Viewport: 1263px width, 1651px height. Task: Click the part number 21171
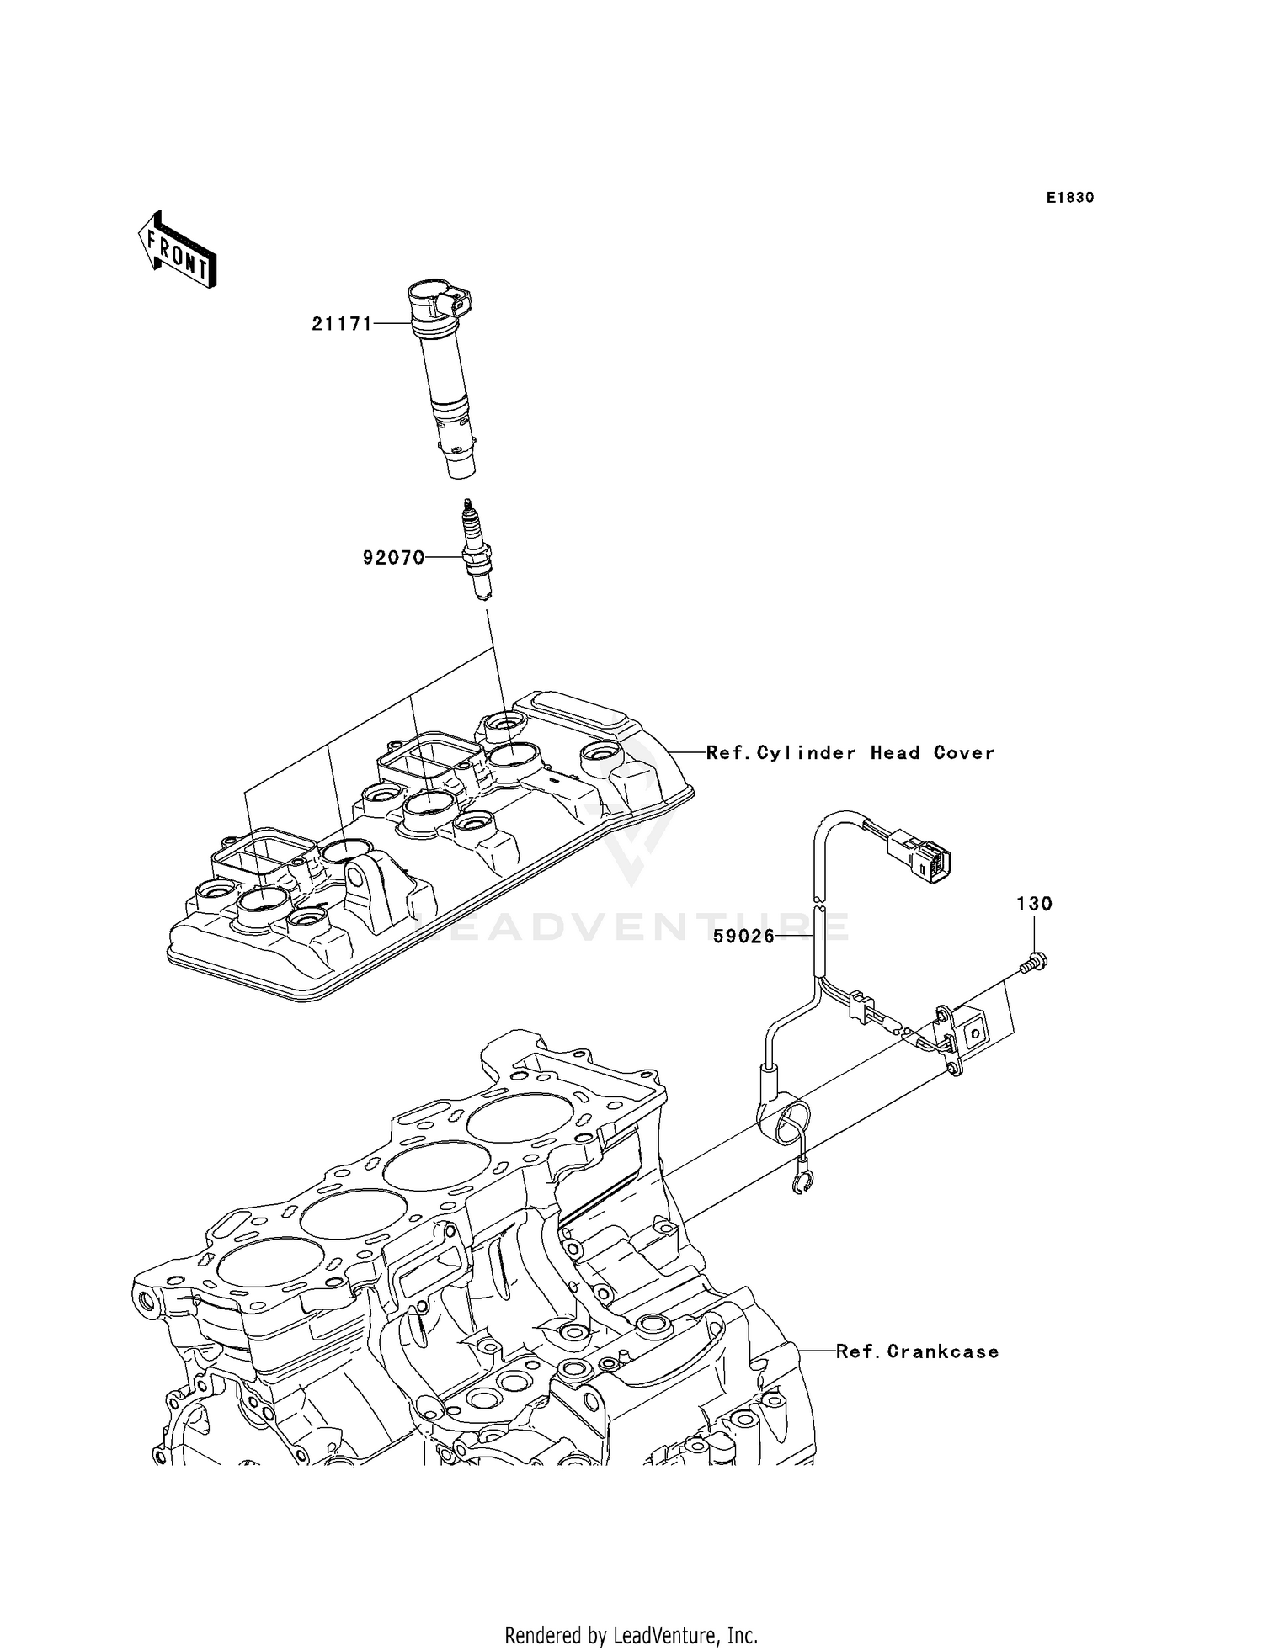coord(342,323)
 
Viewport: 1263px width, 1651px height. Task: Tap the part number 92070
coord(393,557)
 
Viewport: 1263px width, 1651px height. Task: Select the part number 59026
coord(743,936)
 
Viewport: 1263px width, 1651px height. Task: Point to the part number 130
coord(1034,904)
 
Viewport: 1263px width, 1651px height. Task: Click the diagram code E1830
coord(1070,198)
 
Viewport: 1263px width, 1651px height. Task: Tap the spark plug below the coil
coord(477,551)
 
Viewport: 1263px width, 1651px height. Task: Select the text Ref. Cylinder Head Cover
coord(850,752)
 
